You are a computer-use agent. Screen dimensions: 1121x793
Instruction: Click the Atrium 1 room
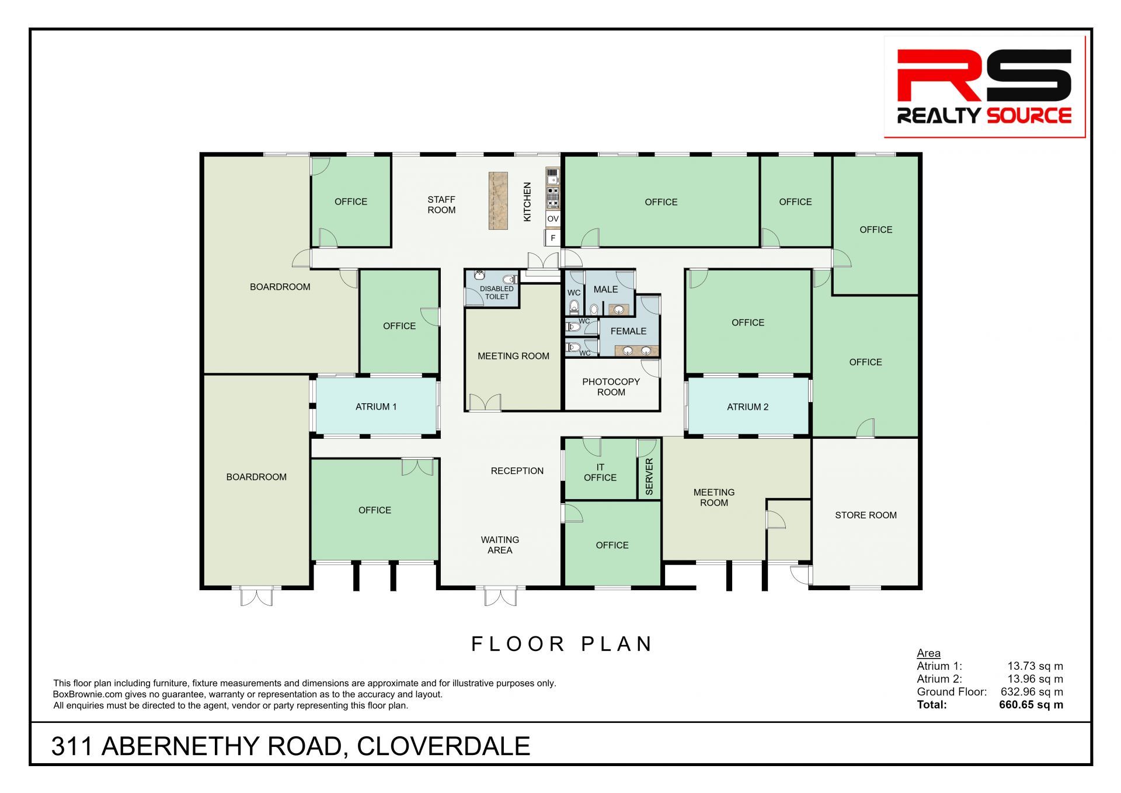pyautogui.click(x=376, y=407)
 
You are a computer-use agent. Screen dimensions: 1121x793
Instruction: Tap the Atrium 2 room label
pyautogui.click(x=747, y=407)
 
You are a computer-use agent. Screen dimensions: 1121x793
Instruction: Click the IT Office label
pyautogui.click(x=600, y=472)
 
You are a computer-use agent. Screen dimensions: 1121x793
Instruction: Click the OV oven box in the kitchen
pyautogui.click(x=553, y=219)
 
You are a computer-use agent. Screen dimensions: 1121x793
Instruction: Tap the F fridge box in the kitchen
pyautogui.click(x=553, y=238)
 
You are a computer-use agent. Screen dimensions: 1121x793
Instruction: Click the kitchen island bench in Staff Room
pyautogui.click(x=498, y=200)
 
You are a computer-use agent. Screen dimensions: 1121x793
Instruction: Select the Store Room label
pyautogui.click(x=866, y=515)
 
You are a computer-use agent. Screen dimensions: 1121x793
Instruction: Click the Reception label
pyautogui.click(x=517, y=470)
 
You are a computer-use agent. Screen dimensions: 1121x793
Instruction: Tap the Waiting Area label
pyautogui.click(x=500, y=545)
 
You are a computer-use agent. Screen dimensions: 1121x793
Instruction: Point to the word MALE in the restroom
pyautogui.click(x=605, y=289)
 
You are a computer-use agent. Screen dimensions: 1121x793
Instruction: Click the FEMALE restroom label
pyautogui.click(x=628, y=331)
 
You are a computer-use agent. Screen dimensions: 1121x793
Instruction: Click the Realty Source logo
pyautogui.click(x=984, y=87)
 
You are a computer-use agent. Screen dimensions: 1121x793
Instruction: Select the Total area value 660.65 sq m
pyautogui.click(x=1031, y=705)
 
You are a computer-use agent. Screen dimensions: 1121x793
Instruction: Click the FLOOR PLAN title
pyautogui.click(x=562, y=644)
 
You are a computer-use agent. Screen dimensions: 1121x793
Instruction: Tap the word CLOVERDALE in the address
pyautogui.click(x=443, y=746)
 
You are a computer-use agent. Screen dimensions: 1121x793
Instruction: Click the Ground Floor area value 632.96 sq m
pyautogui.click(x=1032, y=692)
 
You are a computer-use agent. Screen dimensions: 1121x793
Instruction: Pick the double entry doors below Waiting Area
pyautogui.click(x=500, y=597)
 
